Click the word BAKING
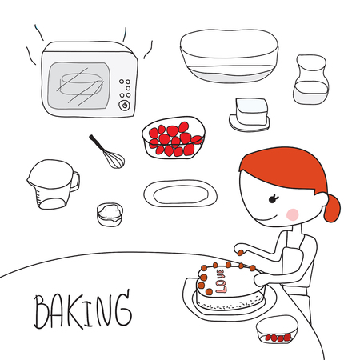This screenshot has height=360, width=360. click(80, 310)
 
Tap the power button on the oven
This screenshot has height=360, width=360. click(124, 105)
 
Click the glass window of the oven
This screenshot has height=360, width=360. click(80, 84)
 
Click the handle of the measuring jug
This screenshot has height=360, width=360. click(74, 181)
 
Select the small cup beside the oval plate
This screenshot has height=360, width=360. click(110, 214)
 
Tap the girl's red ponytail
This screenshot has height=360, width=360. click(332, 208)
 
